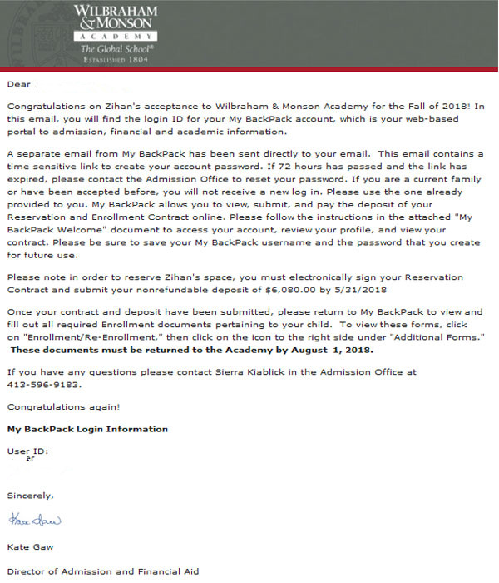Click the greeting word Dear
pos(18,84)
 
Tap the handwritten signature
pos(35,521)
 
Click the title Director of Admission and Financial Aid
pos(103,571)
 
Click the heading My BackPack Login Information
pos(87,429)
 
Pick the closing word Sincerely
pos(30,496)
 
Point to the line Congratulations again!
pos(63,406)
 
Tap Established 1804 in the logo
pos(114,59)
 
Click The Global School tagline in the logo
pos(114,49)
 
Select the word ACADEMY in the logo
pos(114,37)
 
